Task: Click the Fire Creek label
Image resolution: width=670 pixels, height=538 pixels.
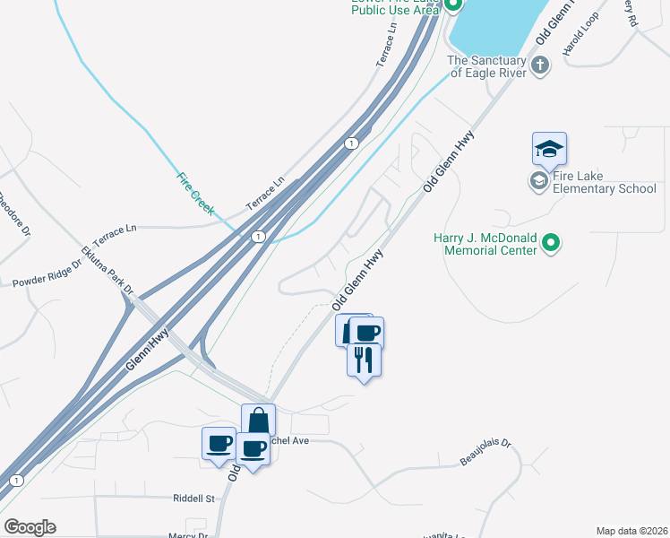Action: tap(195, 193)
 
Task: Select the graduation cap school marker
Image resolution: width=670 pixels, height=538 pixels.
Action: tap(549, 150)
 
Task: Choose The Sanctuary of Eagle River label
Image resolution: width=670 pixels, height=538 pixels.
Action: tap(487, 67)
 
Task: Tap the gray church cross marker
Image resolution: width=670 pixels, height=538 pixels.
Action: tap(539, 65)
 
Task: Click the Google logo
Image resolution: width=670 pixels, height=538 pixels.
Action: tap(30, 527)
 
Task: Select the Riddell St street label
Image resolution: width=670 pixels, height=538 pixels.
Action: tap(195, 498)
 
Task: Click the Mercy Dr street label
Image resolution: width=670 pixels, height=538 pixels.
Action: tap(187, 535)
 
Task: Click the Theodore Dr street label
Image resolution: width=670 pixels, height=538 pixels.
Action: tap(13, 213)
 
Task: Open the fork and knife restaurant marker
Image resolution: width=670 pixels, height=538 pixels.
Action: tap(364, 360)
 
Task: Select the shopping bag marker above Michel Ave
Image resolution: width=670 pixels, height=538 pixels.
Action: tap(258, 421)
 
